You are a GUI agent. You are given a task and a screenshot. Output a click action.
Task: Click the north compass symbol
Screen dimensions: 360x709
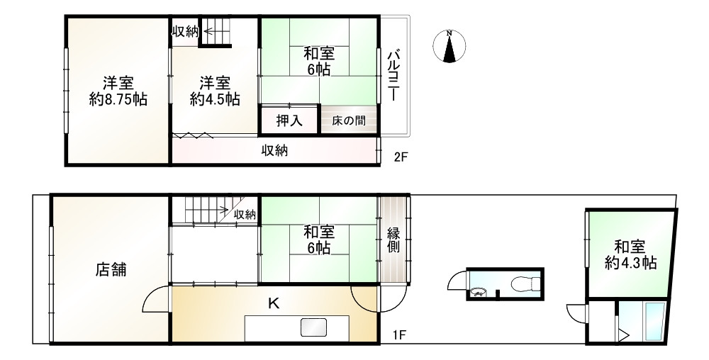449,47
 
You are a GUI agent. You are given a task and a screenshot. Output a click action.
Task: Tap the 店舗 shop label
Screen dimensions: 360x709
112,269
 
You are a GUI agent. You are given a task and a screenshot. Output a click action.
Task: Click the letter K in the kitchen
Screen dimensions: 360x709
273,304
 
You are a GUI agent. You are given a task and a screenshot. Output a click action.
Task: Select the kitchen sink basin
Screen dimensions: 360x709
313,327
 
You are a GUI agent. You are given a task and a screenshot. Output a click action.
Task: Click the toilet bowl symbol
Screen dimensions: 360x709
524,284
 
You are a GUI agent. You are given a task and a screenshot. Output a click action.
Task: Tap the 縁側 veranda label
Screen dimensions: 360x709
394,240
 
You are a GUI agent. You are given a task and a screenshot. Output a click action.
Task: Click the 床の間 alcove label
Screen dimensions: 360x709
349,121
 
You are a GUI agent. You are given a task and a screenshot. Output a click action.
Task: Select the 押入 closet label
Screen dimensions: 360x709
289,120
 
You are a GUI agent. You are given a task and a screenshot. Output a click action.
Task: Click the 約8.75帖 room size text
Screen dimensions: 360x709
118,99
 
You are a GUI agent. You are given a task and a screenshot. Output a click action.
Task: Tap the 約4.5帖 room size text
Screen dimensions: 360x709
214,99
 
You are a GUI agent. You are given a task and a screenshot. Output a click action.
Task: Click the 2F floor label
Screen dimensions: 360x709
401,157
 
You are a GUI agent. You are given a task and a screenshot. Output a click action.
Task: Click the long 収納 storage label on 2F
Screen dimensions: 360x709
274,150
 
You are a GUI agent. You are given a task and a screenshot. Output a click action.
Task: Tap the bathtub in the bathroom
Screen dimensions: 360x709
653,322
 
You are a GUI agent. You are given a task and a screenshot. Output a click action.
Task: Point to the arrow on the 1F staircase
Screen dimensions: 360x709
223,209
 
